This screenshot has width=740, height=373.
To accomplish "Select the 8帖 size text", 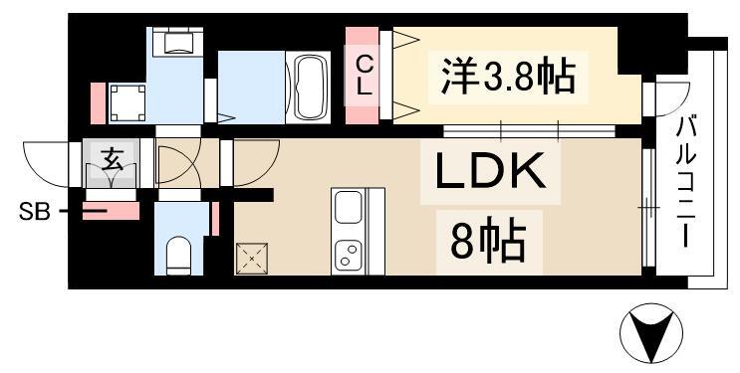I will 488,240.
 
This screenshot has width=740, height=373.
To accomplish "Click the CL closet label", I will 366,76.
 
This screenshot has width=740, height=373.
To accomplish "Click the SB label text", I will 32,211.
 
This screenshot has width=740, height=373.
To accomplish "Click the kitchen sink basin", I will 349,209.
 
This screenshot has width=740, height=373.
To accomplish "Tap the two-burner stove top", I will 349,253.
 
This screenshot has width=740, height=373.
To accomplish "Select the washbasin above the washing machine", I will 177,43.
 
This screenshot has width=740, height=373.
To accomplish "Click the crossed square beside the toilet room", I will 250,259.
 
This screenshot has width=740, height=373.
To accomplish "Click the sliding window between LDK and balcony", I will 647,209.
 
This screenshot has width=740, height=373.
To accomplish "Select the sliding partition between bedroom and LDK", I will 529,130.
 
